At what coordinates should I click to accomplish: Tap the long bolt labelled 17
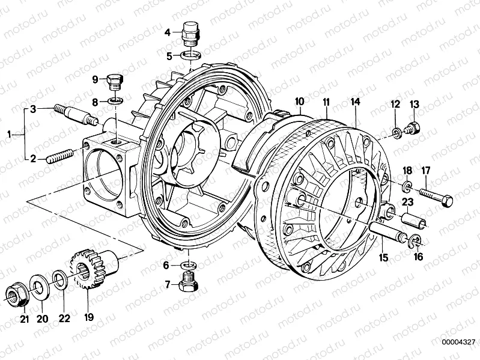(436, 198)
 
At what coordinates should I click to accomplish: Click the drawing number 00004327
(460, 342)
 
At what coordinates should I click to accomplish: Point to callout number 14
(356, 103)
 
